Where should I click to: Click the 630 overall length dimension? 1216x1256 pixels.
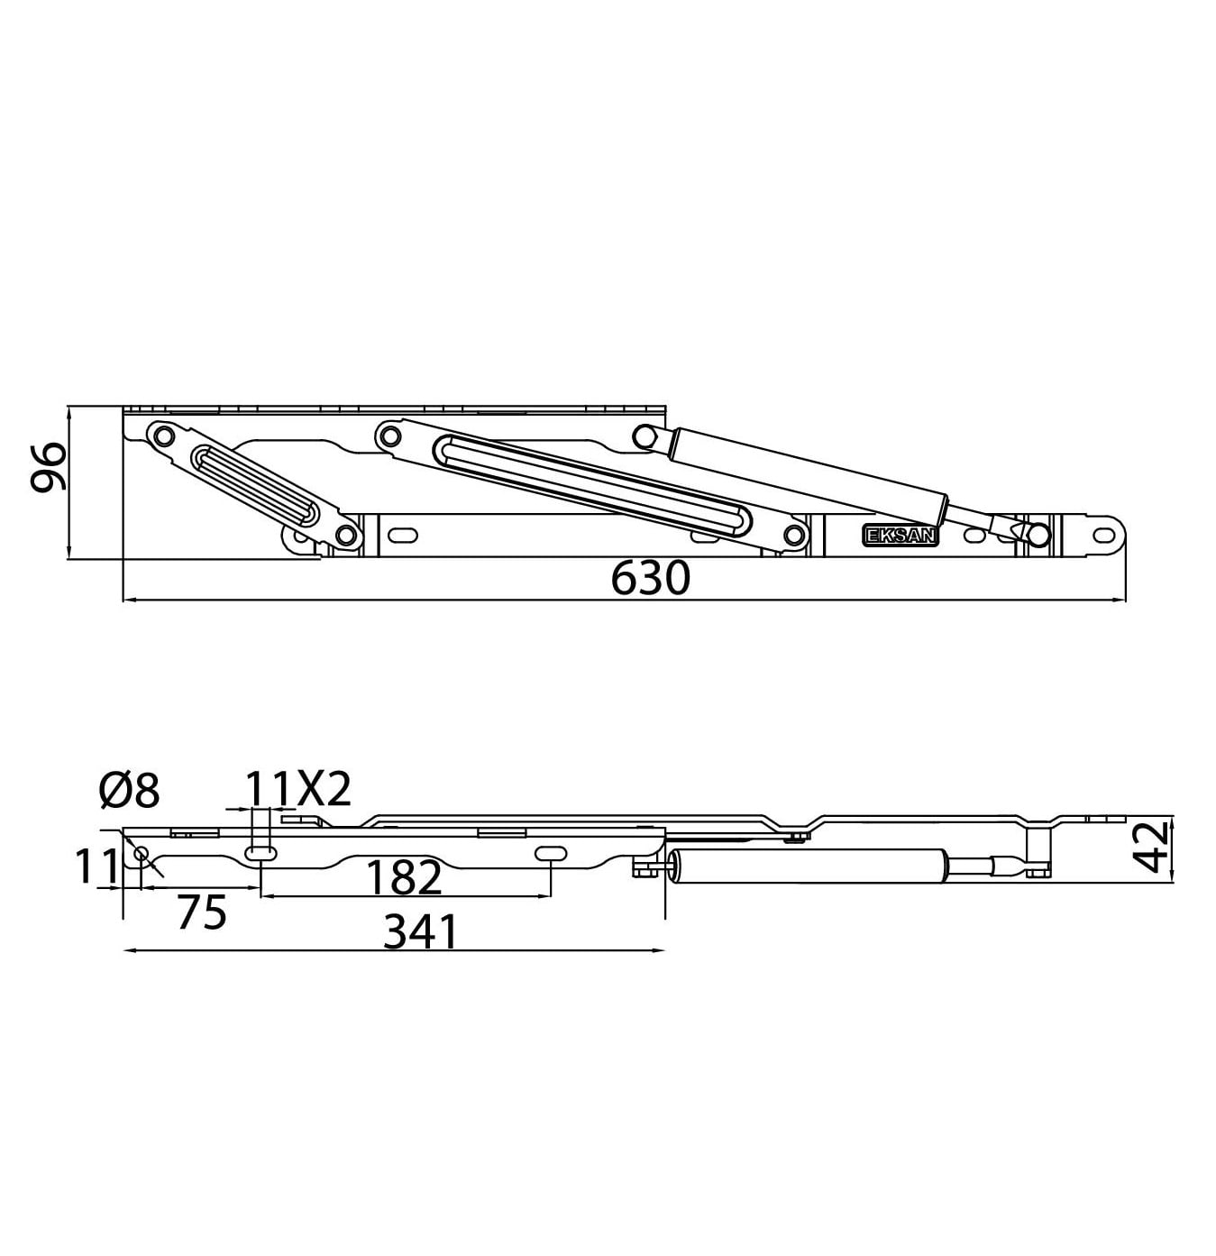pos(649,579)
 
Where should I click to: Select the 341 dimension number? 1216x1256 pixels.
pos(420,932)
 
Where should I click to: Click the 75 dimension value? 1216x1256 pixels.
pos(201,913)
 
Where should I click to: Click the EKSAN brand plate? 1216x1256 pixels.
pos(901,535)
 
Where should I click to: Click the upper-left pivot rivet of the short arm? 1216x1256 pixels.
pos(163,435)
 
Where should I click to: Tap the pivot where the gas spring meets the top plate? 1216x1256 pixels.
pos(644,436)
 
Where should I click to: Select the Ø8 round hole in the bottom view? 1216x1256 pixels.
pos(141,853)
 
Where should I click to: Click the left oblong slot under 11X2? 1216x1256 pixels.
pos(260,853)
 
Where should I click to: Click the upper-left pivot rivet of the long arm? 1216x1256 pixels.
pos(389,437)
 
